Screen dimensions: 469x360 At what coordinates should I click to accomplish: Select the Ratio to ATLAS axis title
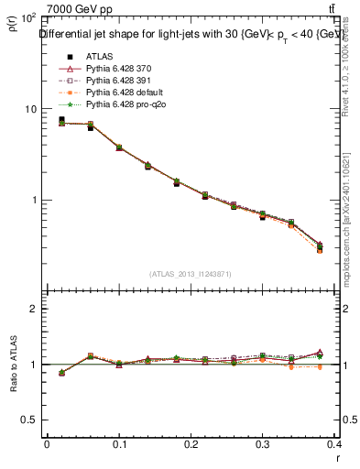(13, 363)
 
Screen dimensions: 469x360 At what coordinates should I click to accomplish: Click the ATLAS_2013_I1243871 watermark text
(191, 274)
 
